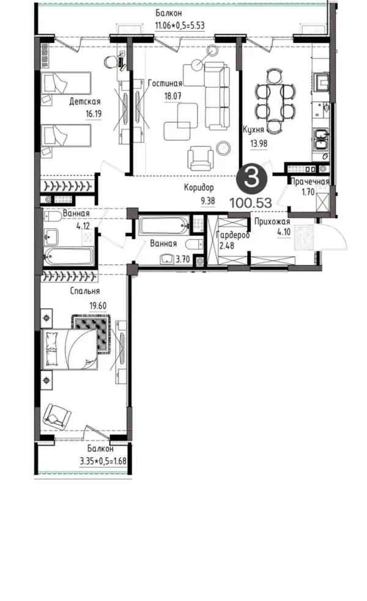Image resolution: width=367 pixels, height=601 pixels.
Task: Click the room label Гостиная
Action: tap(165, 83)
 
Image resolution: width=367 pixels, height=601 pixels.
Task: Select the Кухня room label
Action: tap(253, 130)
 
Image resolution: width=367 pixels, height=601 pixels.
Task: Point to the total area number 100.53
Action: tap(251, 202)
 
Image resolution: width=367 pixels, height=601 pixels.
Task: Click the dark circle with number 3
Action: tap(251, 179)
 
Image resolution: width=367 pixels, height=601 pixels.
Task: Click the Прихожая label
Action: tap(272, 222)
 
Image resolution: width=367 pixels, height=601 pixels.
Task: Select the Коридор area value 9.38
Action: tap(207, 201)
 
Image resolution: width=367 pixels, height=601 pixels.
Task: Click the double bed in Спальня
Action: tap(69, 349)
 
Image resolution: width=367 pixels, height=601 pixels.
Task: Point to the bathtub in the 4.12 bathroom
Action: tap(69, 256)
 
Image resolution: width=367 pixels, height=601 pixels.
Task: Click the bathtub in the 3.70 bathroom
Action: tap(164, 226)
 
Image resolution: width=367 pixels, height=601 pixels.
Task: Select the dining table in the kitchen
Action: tap(275, 101)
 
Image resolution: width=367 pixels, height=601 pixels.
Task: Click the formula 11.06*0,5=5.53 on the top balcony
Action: tap(179, 26)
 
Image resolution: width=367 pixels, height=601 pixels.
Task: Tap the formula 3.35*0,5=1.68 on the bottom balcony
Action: tap(103, 461)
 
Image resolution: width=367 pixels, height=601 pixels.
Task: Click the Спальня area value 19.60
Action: tap(98, 306)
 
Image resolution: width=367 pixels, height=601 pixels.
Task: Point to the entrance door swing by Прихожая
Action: tap(333, 237)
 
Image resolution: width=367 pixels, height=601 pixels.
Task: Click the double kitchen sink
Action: tap(321, 139)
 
